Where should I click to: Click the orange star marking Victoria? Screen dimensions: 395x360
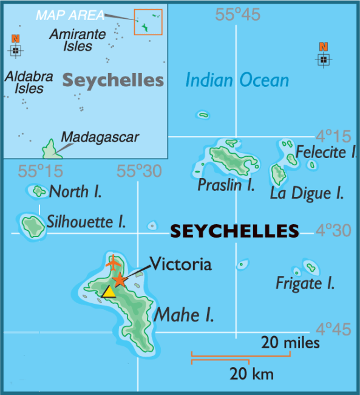120,280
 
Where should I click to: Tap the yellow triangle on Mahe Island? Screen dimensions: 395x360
109,292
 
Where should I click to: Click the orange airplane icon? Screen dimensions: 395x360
113,264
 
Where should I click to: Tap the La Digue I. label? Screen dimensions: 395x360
307,194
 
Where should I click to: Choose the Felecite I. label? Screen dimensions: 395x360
326,152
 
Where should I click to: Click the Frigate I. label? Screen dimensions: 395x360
305,283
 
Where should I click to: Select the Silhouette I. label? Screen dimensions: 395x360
86,222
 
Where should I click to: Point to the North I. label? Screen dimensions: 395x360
75,192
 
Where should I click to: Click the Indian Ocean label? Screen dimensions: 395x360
237,80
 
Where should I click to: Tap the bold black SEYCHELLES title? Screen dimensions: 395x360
234,231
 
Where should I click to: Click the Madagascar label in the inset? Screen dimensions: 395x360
101,137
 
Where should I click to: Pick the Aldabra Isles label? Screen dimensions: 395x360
25,82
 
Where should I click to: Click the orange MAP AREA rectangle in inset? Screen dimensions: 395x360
148,22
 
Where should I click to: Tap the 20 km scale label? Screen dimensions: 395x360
251,373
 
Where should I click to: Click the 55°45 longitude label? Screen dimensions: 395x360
237,15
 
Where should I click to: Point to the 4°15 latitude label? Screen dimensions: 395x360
333,136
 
